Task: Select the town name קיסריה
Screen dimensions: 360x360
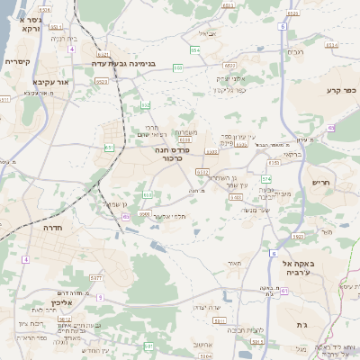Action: [18, 61]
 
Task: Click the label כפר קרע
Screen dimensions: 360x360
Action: [341, 91]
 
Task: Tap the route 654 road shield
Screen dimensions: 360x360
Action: [194, 49]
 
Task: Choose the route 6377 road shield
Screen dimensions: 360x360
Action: [96, 278]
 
